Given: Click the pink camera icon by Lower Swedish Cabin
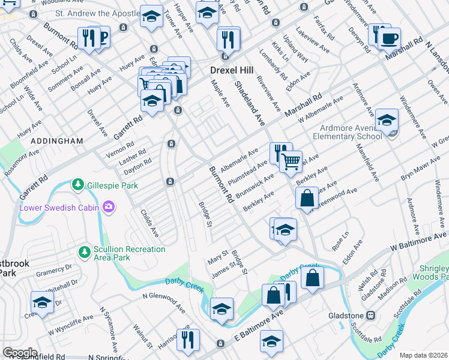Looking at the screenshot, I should (x=109, y=208).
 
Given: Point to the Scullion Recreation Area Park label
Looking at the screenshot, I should (x=129, y=253).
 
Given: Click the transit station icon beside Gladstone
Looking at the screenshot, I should (x=370, y=315).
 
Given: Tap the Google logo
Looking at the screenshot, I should (x=20, y=352).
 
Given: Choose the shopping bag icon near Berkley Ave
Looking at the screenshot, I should (x=307, y=198).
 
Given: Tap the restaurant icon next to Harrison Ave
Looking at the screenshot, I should (x=188, y=339).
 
